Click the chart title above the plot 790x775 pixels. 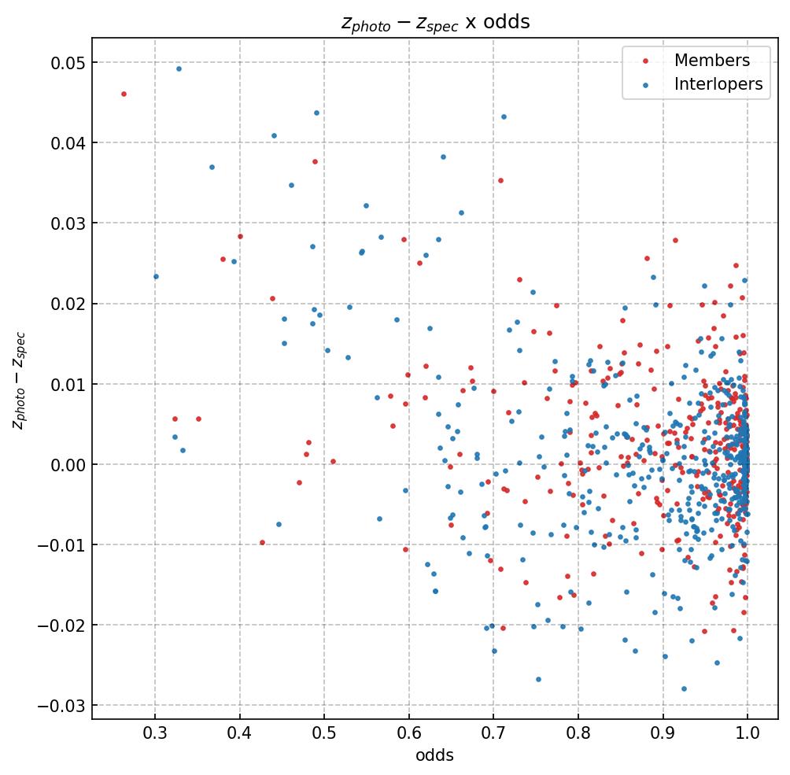435,22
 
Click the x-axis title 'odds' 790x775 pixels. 435,755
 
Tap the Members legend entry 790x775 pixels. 711,61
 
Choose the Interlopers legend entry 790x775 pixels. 718,84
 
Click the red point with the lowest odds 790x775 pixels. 124,94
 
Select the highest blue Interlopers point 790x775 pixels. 179,68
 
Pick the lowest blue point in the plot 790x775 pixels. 684,688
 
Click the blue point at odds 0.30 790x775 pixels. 156,276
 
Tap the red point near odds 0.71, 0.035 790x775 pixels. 500,180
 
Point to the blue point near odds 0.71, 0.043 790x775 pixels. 504,116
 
